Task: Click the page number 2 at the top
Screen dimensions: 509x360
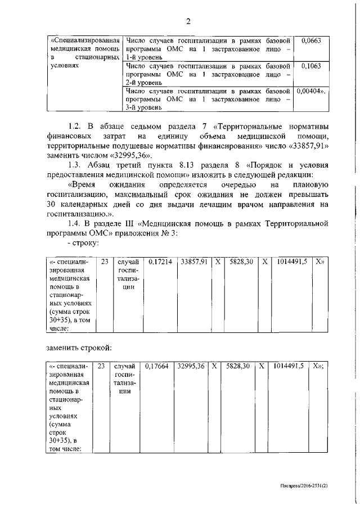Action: pyautogui.click(x=189, y=22)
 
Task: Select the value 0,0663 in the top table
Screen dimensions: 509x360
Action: pyautogui.click(x=311, y=41)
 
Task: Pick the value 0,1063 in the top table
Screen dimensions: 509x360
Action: pyautogui.click(x=311, y=66)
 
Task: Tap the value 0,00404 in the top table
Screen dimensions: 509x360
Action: pyautogui.click(x=310, y=91)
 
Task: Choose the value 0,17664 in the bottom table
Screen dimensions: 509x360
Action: pyautogui.click(x=157, y=366)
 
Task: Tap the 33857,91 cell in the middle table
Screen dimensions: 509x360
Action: pyautogui.click(x=195, y=262)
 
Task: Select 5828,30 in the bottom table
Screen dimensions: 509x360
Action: pyautogui.click(x=238, y=366)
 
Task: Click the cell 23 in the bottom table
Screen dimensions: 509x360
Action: pyautogui.click(x=101, y=366)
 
